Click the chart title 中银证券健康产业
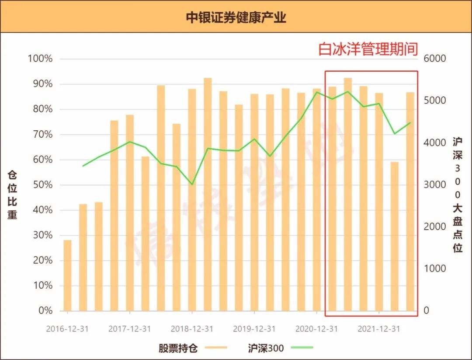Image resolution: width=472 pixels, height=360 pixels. click(x=236, y=17)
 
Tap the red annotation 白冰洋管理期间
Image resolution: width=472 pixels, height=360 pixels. click(x=368, y=49)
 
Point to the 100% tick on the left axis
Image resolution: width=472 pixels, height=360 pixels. click(x=40, y=59)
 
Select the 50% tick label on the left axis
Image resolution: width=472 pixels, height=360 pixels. click(x=42, y=185)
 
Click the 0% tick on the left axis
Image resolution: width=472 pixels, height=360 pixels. click(x=45, y=311)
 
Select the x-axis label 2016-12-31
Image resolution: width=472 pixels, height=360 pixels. click(x=67, y=329)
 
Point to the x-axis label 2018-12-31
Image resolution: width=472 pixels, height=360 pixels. click(x=192, y=329)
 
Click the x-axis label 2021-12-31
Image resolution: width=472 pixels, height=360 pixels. click(x=378, y=329)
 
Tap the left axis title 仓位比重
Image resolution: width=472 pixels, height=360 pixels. click(x=12, y=195)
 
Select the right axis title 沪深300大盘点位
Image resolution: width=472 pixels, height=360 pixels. click(x=458, y=195)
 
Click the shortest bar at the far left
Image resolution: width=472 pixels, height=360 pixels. click(x=68, y=276)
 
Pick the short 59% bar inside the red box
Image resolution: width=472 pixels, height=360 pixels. click(x=395, y=236)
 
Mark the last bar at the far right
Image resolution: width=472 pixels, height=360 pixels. click(x=410, y=201)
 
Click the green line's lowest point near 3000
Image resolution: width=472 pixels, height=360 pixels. click(x=192, y=185)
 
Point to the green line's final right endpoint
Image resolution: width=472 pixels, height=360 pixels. click(x=410, y=123)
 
